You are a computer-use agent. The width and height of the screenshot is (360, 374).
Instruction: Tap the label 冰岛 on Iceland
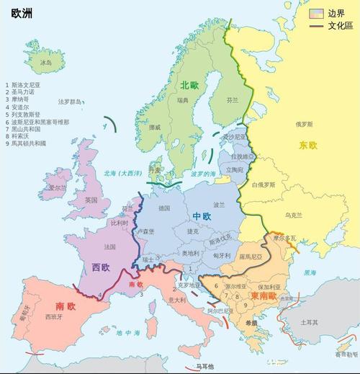[46, 63]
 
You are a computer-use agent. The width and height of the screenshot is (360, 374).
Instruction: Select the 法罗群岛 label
[71, 102]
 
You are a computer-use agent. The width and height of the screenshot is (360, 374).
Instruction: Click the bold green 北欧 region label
[190, 85]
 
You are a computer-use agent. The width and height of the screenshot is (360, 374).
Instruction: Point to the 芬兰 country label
[232, 101]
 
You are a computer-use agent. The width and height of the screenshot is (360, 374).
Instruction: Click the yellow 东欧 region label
[308, 146]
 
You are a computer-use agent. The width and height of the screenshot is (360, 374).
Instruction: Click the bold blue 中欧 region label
[202, 216]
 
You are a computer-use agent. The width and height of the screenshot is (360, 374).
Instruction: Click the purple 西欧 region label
[102, 267]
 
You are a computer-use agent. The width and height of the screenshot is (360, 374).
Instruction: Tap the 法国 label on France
[109, 246]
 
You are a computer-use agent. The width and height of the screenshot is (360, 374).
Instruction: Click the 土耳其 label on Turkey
[310, 322]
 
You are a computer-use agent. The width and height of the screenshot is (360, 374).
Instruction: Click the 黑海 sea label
[309, 273]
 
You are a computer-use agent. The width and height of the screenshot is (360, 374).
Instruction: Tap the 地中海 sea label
[128, 333]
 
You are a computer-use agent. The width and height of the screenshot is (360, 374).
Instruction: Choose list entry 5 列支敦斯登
[29, 114]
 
